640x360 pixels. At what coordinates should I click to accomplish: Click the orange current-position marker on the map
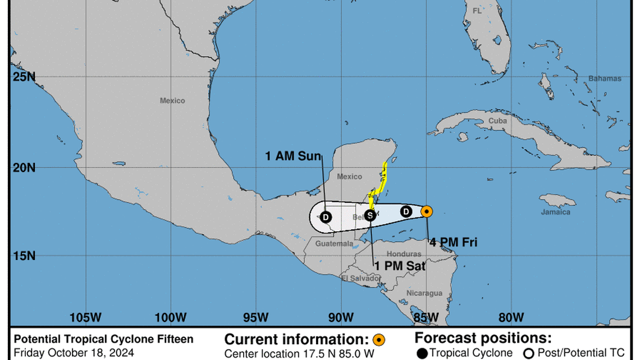427,212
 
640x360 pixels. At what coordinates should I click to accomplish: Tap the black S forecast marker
370,215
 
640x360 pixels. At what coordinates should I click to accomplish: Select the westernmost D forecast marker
326,217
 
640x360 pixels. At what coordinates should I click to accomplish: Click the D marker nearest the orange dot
406,211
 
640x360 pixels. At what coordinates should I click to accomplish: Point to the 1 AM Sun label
293,156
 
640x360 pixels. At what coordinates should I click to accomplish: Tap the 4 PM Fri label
453,243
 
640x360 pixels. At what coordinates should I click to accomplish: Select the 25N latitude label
24,77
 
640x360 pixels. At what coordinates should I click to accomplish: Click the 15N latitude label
24,256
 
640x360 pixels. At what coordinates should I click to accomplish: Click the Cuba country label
497,121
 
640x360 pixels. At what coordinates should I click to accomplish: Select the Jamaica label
555,212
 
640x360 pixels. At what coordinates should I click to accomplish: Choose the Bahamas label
605,79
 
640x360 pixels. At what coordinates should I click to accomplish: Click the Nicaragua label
424,293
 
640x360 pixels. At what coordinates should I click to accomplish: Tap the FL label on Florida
477,11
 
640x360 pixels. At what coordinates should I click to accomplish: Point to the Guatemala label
334,244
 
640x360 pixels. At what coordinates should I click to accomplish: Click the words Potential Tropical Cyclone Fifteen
103,339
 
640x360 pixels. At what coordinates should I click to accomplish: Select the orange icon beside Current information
379,340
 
